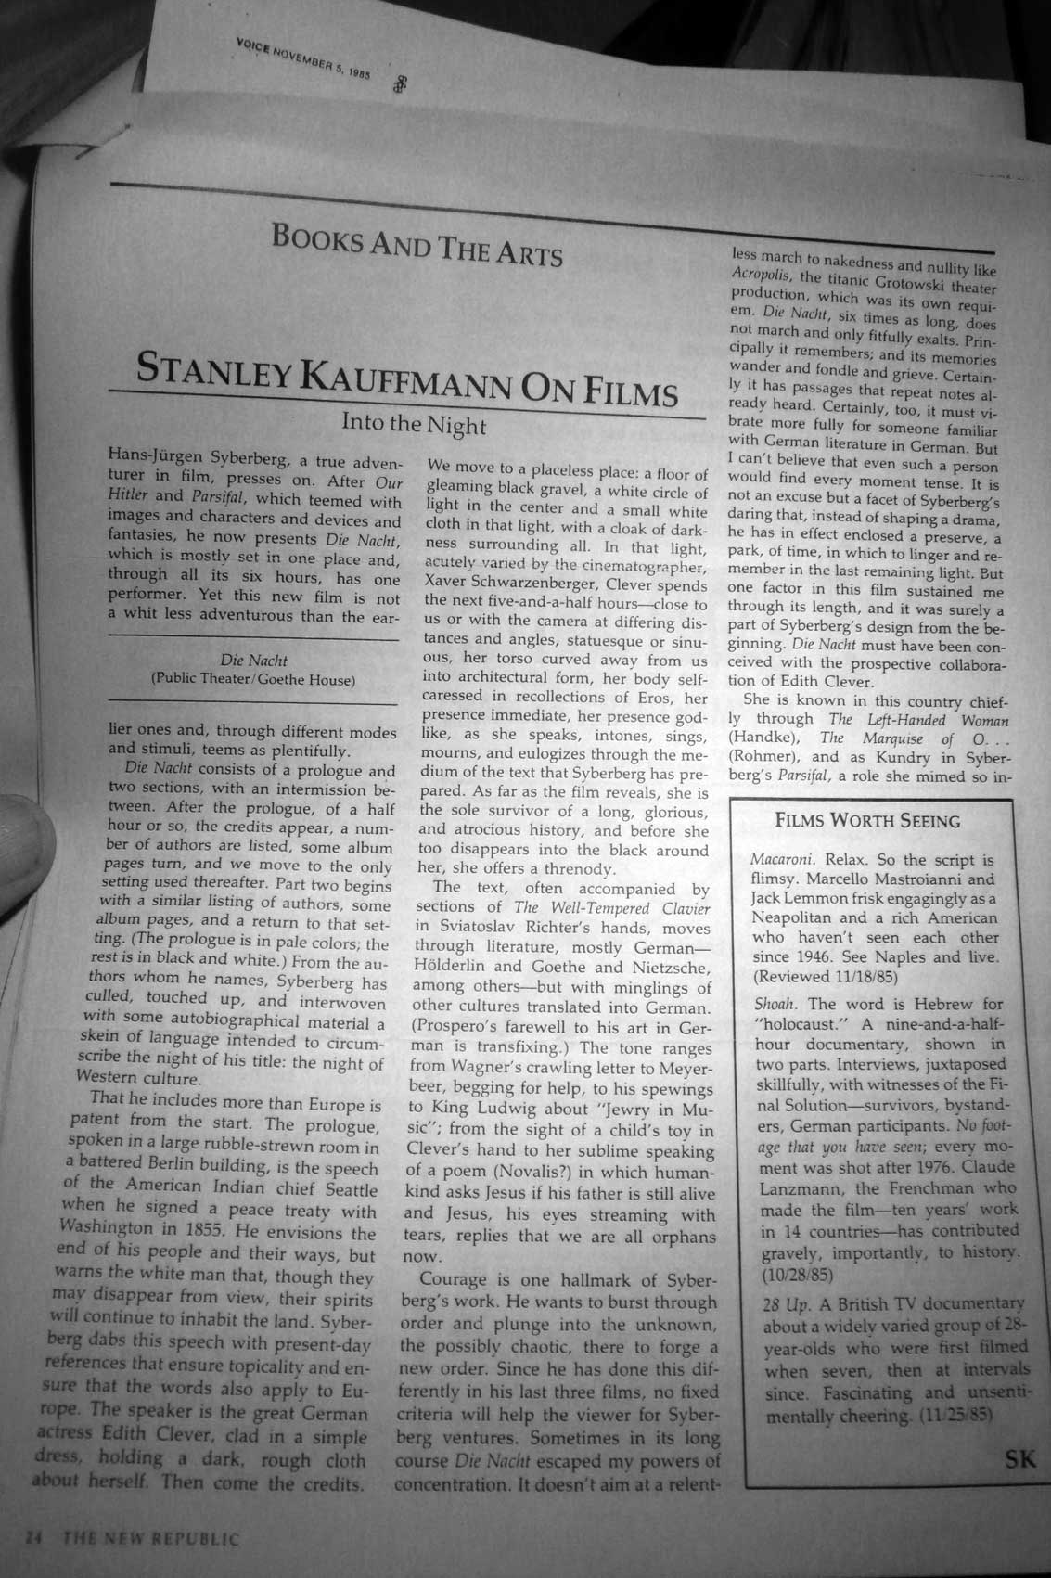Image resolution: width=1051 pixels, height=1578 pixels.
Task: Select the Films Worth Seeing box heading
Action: (x=867, y=820)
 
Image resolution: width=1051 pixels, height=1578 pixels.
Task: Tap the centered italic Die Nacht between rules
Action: (x=253, y=661)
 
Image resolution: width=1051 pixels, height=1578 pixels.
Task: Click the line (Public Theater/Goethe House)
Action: (x=253, y=679)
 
